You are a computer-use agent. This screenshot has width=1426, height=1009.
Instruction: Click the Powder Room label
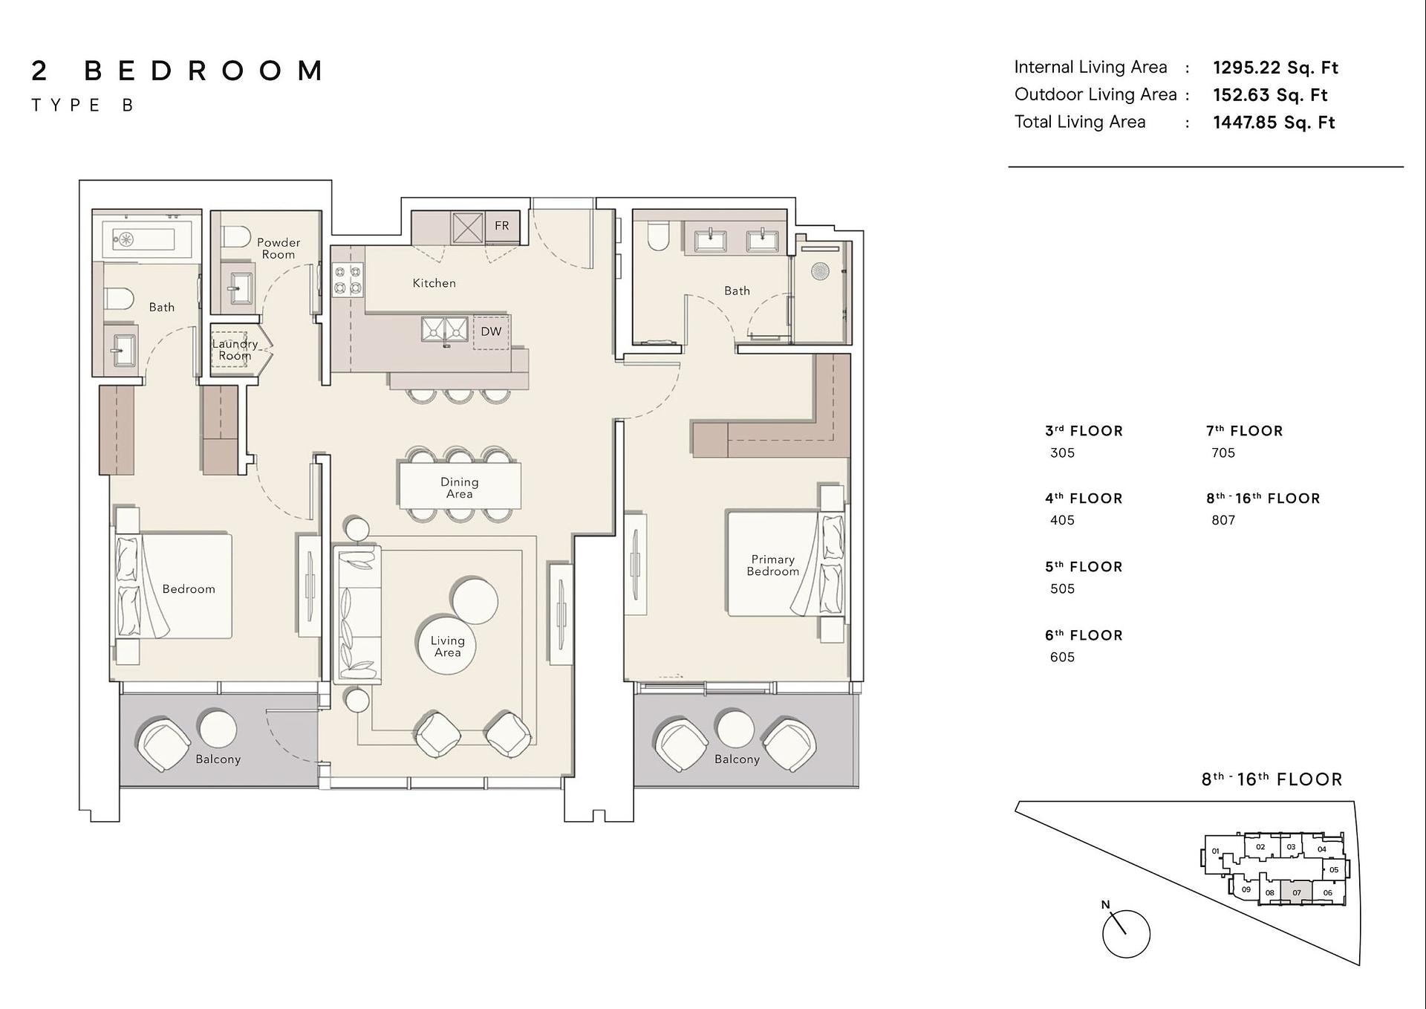click(279, 248)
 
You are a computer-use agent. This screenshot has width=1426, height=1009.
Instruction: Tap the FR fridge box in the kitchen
click(502, 226)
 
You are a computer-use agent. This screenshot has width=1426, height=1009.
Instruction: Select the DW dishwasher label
click(491, 331)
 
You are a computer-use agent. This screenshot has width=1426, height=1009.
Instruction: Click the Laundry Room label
click(235, 349)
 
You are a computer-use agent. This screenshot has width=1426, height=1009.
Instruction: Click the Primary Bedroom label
click(773, 565)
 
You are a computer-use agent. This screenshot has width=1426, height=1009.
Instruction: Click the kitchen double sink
click(445, 329)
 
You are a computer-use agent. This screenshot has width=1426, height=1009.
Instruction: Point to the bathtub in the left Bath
click(147, 239)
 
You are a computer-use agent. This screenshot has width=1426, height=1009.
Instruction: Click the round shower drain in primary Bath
click(820, 271)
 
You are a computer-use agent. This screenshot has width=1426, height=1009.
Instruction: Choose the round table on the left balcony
click(218, 728)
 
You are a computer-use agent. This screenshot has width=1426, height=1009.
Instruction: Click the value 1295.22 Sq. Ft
click(1275, 68)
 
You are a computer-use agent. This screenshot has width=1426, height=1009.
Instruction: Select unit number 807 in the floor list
click(1223, 520)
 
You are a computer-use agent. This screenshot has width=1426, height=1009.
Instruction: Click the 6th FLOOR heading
click(1084, 635)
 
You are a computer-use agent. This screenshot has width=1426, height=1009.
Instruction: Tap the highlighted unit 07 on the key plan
click(1297, 892)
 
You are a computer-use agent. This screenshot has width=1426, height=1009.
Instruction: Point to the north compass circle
click(1126, 934)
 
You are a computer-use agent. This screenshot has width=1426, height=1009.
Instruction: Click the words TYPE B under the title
click(82, 106)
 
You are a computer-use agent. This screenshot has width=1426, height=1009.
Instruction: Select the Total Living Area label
click(1080, 122)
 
